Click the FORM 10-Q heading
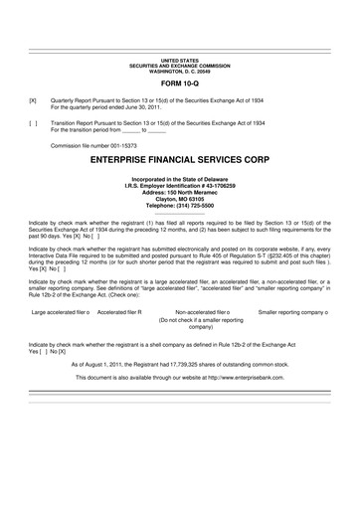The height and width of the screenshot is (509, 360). coord(179,84)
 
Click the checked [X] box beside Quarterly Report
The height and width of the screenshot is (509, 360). coord(33,101)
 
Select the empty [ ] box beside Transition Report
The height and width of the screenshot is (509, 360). coord(33,122)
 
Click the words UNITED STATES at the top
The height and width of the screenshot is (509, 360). coord(179,62)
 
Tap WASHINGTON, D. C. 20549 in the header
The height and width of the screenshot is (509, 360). coord(179,72)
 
